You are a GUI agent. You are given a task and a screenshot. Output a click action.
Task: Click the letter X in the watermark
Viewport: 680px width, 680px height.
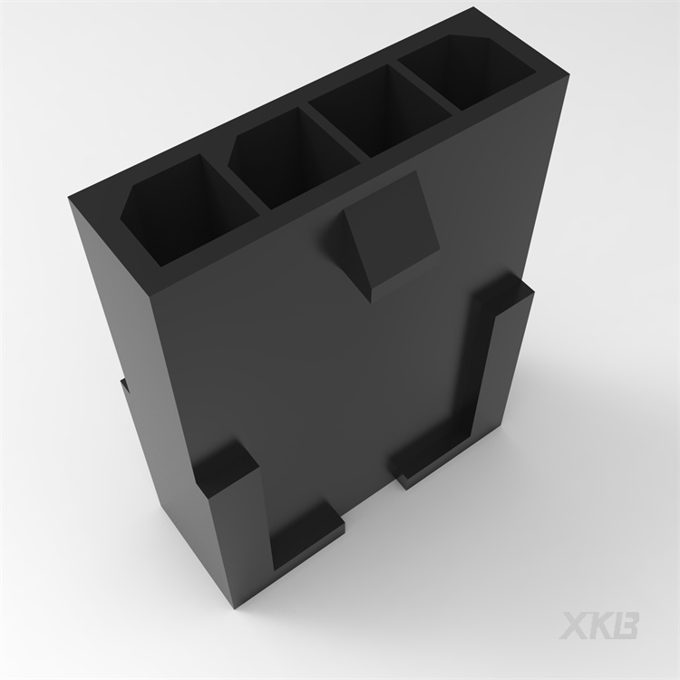pos(575,626)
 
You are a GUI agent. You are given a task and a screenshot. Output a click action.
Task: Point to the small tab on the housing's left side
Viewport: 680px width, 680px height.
pos(123,384)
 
